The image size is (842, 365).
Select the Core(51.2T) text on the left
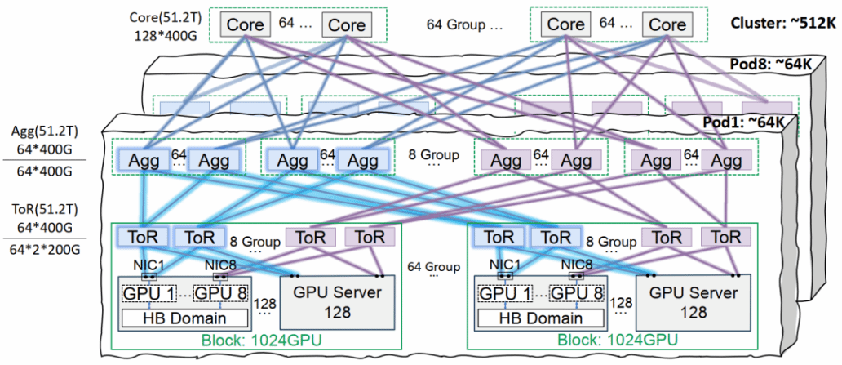pos(167,17)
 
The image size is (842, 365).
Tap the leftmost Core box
pos(245,25)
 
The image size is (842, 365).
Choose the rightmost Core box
pos(667,25)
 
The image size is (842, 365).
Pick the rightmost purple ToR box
pos(725,237)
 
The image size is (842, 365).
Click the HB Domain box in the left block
pos(184,318)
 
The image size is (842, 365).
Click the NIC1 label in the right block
pos(508,263)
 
